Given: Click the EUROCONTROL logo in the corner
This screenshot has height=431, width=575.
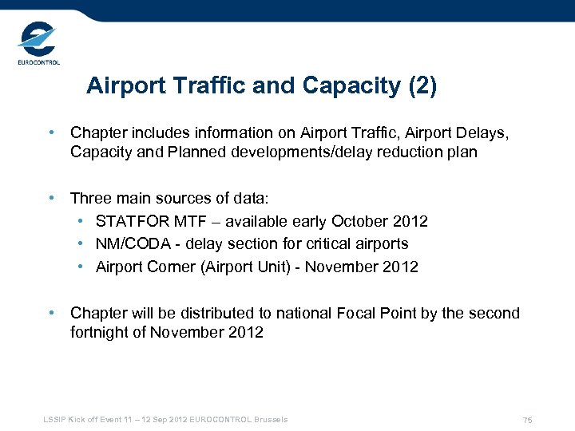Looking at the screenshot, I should (x=38, y=44).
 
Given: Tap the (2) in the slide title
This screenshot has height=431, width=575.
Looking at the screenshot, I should (x=422, y=86).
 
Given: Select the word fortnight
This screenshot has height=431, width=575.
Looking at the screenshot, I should (x=99, y=332).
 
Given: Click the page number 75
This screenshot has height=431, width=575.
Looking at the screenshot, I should (x=527, y=420).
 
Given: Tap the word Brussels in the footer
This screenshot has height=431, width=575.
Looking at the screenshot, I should (x=271, y=419).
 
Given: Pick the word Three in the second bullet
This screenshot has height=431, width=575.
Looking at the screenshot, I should (x=89, y=198).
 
